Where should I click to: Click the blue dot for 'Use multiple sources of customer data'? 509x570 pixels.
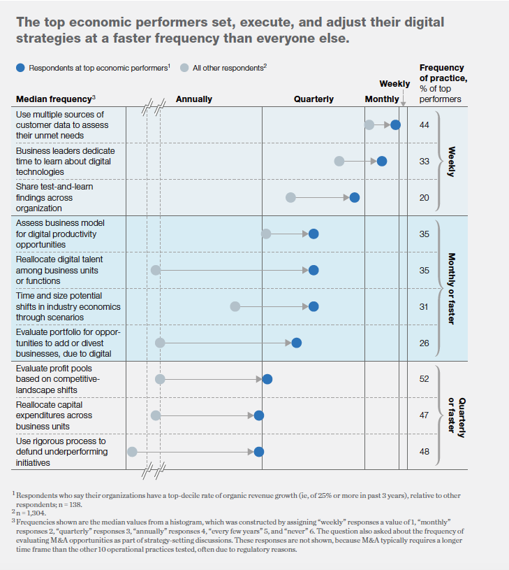pyautogui.click(x=396, y=124)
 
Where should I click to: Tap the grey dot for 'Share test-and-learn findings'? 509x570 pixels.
pyautogui.click(x=291, y=197)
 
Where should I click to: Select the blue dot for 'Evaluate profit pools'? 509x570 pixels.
pyautogui.click(x=267, y=379)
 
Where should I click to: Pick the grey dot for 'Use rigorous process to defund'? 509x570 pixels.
pyautogui.click(x=132, y=452)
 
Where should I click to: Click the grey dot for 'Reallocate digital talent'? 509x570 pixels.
pyautogui.click(x=156, y=270)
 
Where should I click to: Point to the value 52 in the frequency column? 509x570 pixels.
pyautogui.click(x=424, y=379)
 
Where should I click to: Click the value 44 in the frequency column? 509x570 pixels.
pyautogui.click(x=424, y=124)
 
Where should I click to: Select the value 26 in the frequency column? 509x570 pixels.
pyautogui.click(x=424, y=343)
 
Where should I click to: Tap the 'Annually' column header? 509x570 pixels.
pyautogui.click(x=194, y=99)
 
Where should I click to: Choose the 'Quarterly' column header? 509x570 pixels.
pyautogui.click(x=313, y=99)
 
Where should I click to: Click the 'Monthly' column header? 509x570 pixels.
pyautogui.click(x=382, y=99)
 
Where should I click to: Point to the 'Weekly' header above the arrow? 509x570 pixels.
pyautogui.click(x=394, y=84)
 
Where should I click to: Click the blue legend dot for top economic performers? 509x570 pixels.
pyautogui.click(x=21, y=68)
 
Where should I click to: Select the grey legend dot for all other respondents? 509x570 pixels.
pyautogui.click(x=184, y=68)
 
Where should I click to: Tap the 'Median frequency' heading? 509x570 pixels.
pyautogui.click(x=55, y=99)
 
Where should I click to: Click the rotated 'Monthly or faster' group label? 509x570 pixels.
pyautogui.click(x=451, y=288)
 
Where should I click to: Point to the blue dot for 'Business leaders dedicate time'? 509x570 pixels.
pyautogui.click(x=382, y=161)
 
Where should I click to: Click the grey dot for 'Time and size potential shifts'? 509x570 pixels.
pyautogui.click(x=235, y=306)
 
